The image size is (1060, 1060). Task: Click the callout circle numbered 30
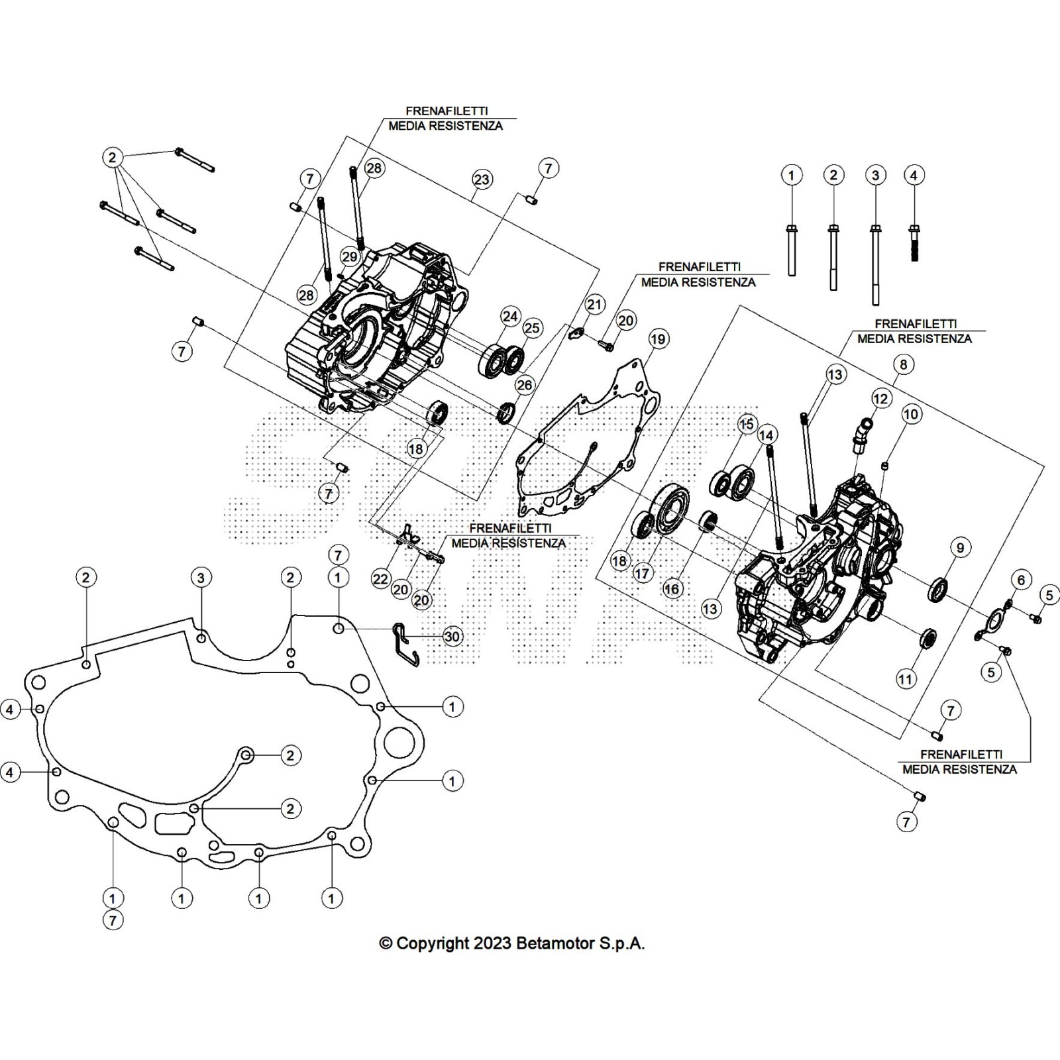tap(452, 637)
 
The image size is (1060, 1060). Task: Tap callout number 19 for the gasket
tap(657, 339)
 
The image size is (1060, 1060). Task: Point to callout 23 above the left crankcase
tap(482, 180)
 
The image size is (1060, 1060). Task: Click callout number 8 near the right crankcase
tap(903, 364)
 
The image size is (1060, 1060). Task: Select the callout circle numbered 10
tap(912, 415)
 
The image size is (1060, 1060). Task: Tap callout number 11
tap(905, 678)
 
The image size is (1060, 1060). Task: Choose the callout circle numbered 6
tap(1021, 580)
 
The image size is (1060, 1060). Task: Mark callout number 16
tap(672, 589)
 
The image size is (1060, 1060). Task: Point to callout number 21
tap(595, 305)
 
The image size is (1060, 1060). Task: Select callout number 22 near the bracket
tap(380, 578)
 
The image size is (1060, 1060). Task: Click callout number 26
tap(524, 386)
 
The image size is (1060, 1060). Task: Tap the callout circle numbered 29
tap(350, 257)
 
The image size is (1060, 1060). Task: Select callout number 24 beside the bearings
tap(510, 316)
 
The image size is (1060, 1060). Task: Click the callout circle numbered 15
tap(747, 423)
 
